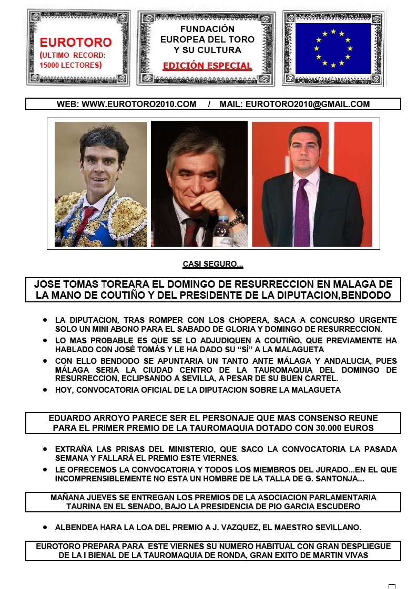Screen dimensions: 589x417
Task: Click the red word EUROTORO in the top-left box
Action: [76, 43]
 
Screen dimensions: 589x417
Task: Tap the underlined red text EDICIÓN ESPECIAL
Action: [207, 66]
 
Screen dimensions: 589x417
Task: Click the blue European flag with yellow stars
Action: [333, 48]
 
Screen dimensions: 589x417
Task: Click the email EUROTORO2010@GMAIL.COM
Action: [308, 104]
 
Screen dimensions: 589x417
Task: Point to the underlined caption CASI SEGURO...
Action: [212, 265]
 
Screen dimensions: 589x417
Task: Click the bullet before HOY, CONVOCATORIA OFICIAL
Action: [46, 390]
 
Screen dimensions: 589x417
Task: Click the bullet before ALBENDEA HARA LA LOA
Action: [46, 527]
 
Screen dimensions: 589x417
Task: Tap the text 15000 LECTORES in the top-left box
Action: [70, 65]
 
